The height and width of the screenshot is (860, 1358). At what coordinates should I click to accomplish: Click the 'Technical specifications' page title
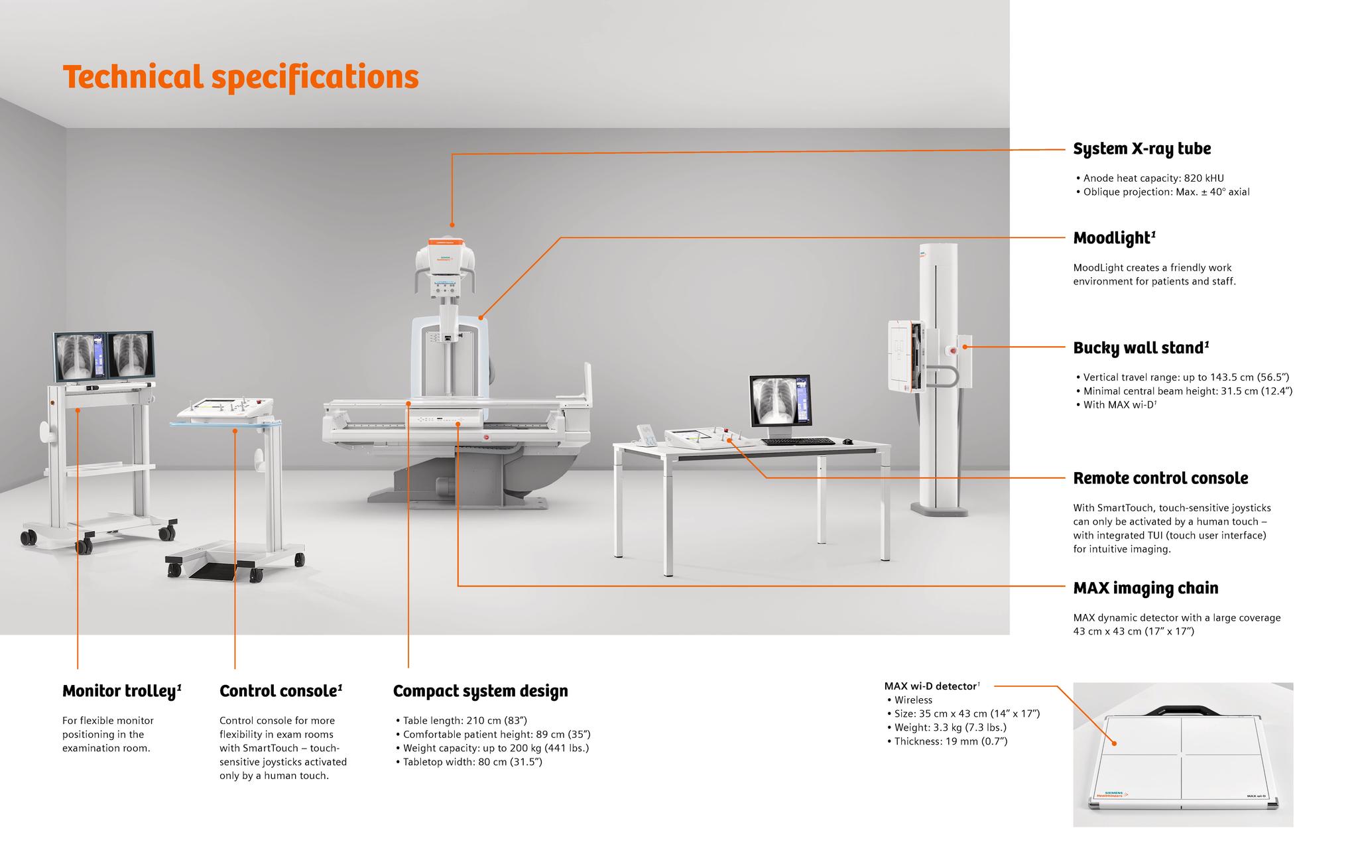240,77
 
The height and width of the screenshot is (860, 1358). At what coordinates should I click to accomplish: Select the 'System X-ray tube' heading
1141,149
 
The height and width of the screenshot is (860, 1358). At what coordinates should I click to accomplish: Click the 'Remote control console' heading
1160,478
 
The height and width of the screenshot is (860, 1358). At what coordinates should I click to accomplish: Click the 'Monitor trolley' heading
121,691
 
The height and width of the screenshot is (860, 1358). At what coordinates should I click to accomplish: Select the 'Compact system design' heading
480,691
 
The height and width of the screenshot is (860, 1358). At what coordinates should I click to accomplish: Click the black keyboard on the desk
798,442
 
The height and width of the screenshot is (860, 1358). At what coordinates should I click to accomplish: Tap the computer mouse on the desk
847,442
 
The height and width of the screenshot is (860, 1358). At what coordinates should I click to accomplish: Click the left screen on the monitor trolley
80,357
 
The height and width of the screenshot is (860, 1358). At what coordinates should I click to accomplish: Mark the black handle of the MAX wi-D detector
1182,711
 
